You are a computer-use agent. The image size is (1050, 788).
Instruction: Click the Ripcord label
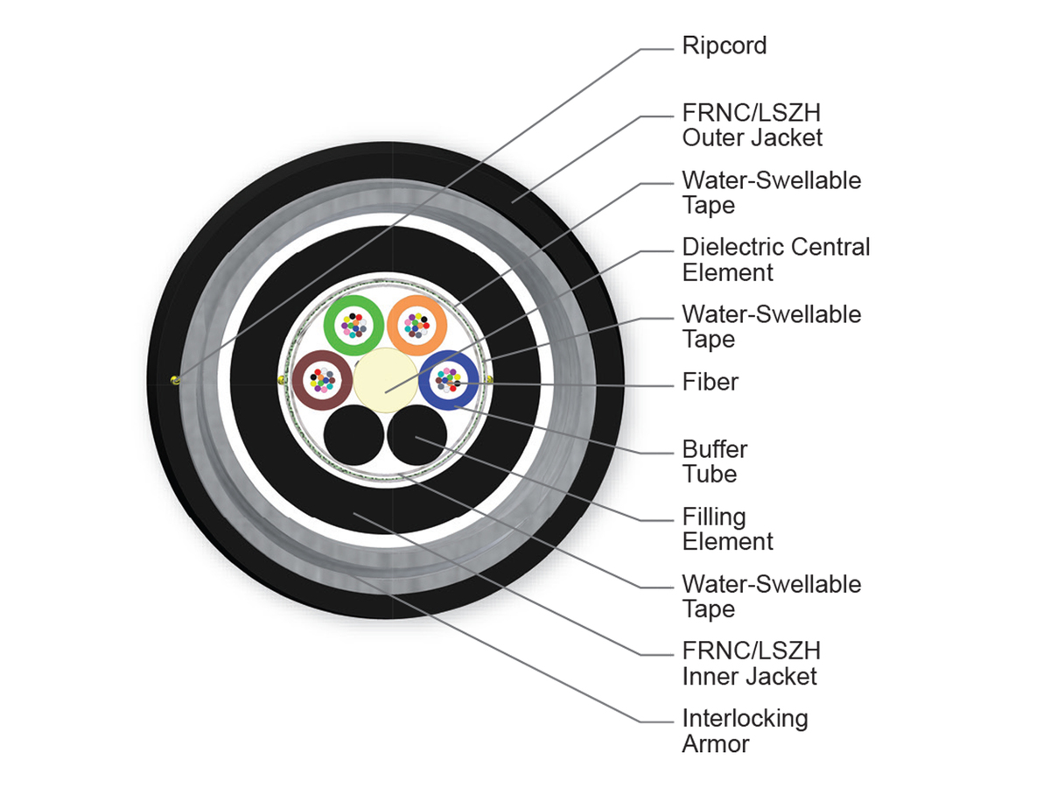(x=724, y=46)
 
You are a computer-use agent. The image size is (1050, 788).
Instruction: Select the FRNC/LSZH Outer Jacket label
(x=752, y=125)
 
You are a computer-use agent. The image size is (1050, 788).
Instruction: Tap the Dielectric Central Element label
(x=775, y=260)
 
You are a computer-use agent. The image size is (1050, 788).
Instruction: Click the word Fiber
(x=710, y=382)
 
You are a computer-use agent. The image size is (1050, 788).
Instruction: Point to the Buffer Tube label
(x=714, y=461)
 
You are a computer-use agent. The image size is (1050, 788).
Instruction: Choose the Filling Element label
(x=727, y=529)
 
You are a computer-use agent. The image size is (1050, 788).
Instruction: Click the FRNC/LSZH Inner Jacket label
(x=751, y=664)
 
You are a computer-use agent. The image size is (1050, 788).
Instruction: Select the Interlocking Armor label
(x=745, y=731)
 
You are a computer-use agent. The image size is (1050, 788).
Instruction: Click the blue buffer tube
(x=471, y=380)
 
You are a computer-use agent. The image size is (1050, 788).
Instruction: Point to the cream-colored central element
(x=386, y=380)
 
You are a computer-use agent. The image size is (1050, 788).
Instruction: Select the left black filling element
(x=354, y=435)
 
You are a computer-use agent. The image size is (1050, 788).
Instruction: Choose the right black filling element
(x=416, y=435)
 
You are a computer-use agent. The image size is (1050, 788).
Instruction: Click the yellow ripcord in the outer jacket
(x=176, y=380)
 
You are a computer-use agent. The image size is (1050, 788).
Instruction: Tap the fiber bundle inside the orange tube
(x=416, y=326)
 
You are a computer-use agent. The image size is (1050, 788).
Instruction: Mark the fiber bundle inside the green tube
(x=354, y=326)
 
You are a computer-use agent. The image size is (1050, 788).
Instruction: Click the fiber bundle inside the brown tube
(x=322, y=380)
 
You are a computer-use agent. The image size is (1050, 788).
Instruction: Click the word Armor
(x=716, y=744)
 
